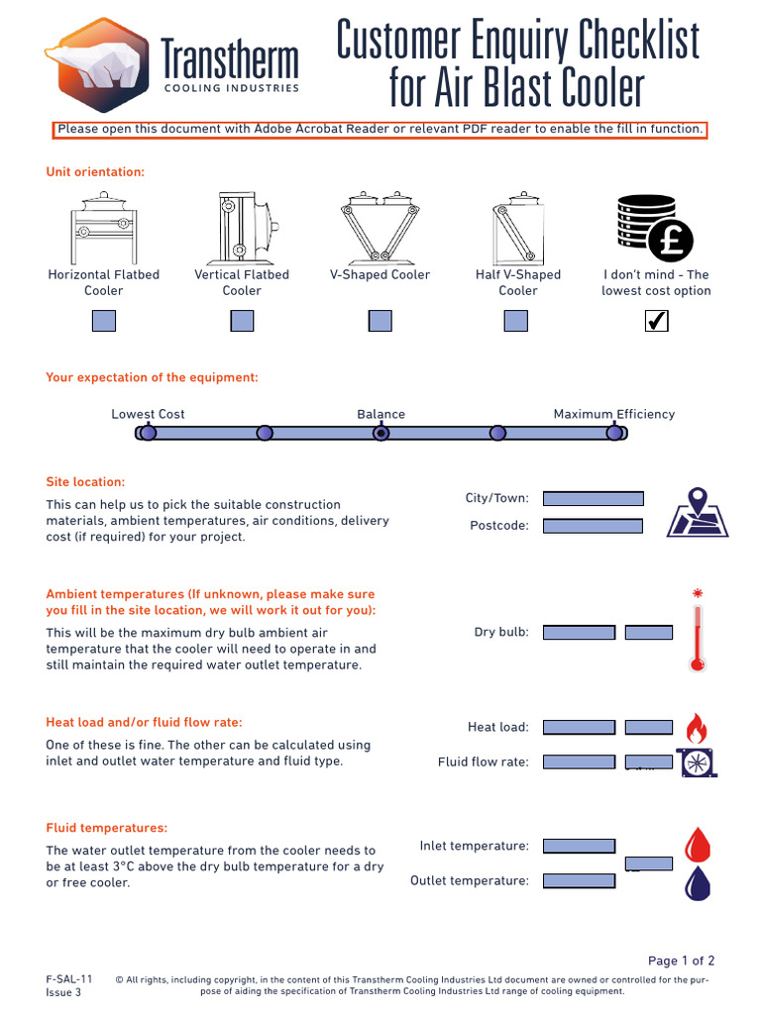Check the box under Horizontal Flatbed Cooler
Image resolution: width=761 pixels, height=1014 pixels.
[x=104, y=321]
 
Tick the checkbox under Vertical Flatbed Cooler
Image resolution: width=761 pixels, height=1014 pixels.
[x=242, y=321]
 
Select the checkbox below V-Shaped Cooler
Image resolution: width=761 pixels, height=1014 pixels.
[x=380, y=321]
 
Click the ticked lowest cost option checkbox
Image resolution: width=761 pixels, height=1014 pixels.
[x=656, y=321]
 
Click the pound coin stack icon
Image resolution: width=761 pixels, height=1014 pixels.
[x=654, y=227]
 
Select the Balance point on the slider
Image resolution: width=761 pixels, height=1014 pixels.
[x=380, y=433]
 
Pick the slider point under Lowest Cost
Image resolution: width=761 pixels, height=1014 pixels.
[x=148, y=433]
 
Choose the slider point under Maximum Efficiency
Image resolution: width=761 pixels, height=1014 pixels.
[x=614, y=433]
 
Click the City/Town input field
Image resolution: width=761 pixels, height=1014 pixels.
[x=594, y=498]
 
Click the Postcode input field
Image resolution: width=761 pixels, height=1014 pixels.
[x=594, y=526]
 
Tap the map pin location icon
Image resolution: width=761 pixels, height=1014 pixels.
[x=698, y=512]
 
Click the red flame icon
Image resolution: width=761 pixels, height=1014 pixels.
[x=697, y=728]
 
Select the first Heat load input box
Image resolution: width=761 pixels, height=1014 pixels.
[x=579, y=727]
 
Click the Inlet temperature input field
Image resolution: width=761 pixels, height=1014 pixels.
[x=579, y=846]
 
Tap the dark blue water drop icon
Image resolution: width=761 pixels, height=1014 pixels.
[x=698, y=882]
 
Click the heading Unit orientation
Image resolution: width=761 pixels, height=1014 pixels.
[x=95, y=172]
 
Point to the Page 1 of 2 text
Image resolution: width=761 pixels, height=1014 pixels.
[x=681, y=961]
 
